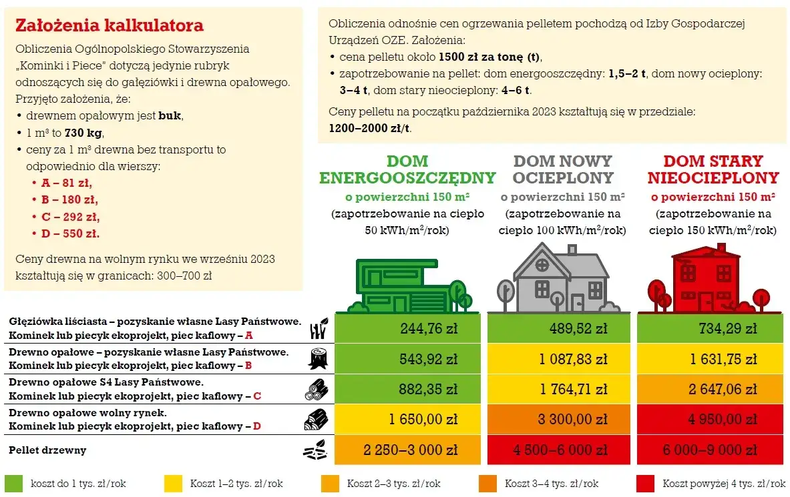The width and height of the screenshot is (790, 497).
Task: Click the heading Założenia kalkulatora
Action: [109, 26]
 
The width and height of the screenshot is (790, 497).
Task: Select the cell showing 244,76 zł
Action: [407, 328]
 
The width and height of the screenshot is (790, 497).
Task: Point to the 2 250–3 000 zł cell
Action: [407, 450]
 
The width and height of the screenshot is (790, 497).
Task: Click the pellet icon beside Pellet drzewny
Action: [316, 450]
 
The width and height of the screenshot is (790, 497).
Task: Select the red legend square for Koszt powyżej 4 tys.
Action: [645, 484]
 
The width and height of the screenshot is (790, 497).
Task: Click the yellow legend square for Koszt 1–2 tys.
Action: [173, 484]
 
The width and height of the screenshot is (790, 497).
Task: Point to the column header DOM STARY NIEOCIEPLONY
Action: [713, 169]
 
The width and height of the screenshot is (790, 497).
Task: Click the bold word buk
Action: [170, 115]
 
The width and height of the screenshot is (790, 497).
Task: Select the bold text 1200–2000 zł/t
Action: [370, 128]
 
